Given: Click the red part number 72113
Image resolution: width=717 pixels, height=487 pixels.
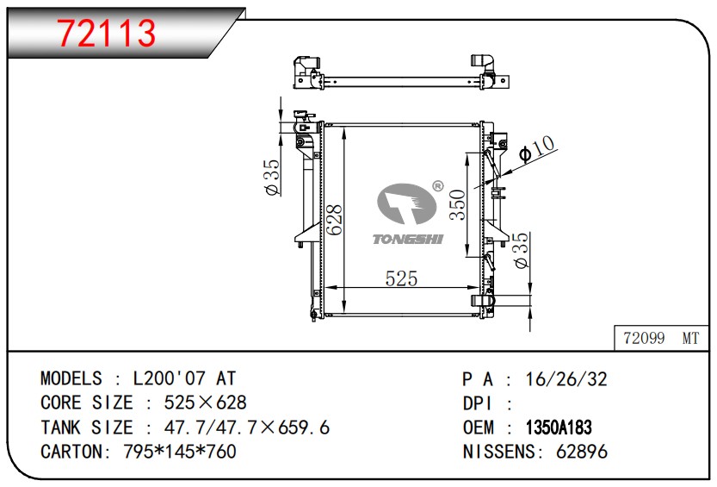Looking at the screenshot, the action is pyautogui.click(x=107, y=33).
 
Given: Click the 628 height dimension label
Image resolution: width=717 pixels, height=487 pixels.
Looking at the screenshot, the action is pyautogui.click(x=335, y=219).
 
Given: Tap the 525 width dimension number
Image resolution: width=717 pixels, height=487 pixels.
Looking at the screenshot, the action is pyautogui.click(x=401, y=278).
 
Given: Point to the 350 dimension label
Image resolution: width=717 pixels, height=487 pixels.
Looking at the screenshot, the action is pyautogui.click(x=457, y=204).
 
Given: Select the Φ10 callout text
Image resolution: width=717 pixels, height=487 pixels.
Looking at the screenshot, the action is pyautogui.click(x=537, y=149).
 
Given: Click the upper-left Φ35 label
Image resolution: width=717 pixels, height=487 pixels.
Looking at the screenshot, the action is pyautogui.click(x=272, y=178).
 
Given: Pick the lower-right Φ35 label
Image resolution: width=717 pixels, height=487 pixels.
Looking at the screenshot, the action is pyautogui.click(x=521, y=250).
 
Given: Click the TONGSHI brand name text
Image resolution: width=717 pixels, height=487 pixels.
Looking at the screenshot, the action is pyautogui.click(x=407, y=239).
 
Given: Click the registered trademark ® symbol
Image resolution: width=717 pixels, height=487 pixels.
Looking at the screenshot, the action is pyautogui.click(x=437, y=186).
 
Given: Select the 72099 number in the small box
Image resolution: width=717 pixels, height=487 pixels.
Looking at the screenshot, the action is pyautogui.click(x=644, y=338).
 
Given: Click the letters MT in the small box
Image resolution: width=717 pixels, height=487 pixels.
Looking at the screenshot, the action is pyautogui.click(x=690, y=338).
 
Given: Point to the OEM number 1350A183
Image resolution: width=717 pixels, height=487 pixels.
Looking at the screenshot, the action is pyautogui.click(x=559, y=428).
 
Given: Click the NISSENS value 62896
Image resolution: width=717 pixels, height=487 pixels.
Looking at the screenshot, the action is pyautogui.click(x=582, y=452).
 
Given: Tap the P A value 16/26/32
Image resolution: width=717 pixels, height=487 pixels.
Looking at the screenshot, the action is pyautogui.click(x=566, y=379).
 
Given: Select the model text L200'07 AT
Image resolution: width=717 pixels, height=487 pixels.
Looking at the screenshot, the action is pyautogui.click(x=184, y=378).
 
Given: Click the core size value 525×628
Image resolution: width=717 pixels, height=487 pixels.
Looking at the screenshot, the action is pyautogui.click(x=206, y=403).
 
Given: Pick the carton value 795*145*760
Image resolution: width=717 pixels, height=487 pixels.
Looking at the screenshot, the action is pyautogui.click(x=180, y=452).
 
